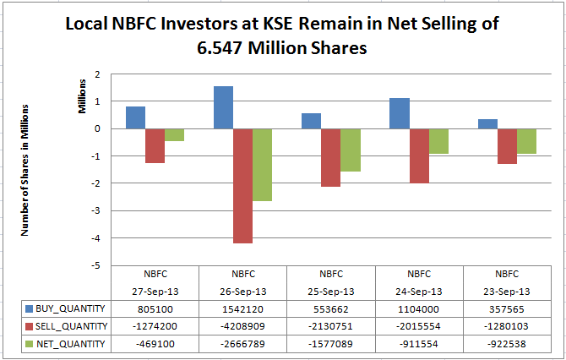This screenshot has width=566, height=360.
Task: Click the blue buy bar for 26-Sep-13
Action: [223, 107]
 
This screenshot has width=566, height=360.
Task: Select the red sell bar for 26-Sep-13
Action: [243, 186]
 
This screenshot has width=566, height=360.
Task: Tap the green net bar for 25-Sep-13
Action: [351, 150]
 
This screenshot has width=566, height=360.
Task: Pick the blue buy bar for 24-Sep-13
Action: [400, 113]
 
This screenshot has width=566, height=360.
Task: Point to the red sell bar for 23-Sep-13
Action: [507, 146]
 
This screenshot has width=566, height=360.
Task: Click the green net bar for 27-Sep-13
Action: [175, 135]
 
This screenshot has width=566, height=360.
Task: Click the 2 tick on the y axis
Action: [98, 74]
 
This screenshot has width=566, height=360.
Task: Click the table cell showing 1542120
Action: [242, 309]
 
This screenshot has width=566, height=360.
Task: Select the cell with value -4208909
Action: [242, 326]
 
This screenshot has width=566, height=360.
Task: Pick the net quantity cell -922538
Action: [507, 343]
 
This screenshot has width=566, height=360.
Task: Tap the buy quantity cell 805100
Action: [155, 309]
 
